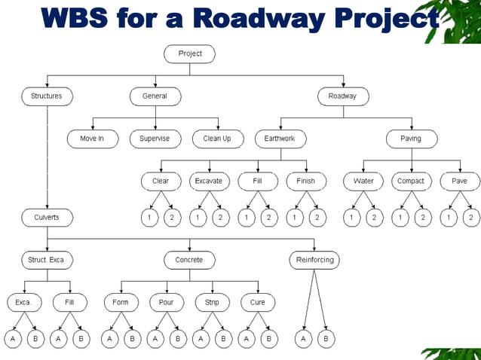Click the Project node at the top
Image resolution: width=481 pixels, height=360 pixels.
pyautogui.click(x=189, y=53)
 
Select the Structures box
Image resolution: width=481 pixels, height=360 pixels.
pyautogui.click(x=47, y=96)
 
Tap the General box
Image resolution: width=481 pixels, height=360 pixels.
pyautogui.click(x=155, y=96)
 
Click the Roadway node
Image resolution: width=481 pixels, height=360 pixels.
pyautogui.click(x=342, y=96)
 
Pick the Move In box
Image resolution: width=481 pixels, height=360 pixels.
pyautogui.click(x=91, y=139)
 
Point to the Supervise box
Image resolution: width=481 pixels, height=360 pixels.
pyautogui.click(x=155, y=139)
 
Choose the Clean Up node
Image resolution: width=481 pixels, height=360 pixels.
pyautogui.click(x=217, y=139)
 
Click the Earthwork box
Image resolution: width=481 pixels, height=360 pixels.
pyautogui.click(x=280, y=139)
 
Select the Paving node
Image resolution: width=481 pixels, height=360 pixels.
pyautogui.click(x=411, y=139)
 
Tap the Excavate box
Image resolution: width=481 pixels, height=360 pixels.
pyautogui.click(x=209, y=182)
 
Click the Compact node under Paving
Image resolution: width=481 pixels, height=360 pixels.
pyautogui.click(x=411, y=182)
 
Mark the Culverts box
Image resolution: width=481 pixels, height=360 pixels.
pyautogui.click(x=47, y=218)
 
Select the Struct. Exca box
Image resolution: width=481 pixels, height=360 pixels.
pyautogui.click(x=47, y=260)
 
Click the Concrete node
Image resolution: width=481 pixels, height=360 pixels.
pyautogui.click(x=189, y=260)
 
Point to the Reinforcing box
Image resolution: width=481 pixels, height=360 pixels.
pyautogui.click(x=314, y=260)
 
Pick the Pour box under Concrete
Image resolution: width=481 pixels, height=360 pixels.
pyautogui.click(x=167, y=303)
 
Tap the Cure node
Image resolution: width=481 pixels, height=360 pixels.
pyautogui.click(x=258, y=303)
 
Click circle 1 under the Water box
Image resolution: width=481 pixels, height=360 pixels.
pyautogui.click(x=352, y=218)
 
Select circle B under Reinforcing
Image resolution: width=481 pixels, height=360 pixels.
pyautogui.click(x=326, y=340)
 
